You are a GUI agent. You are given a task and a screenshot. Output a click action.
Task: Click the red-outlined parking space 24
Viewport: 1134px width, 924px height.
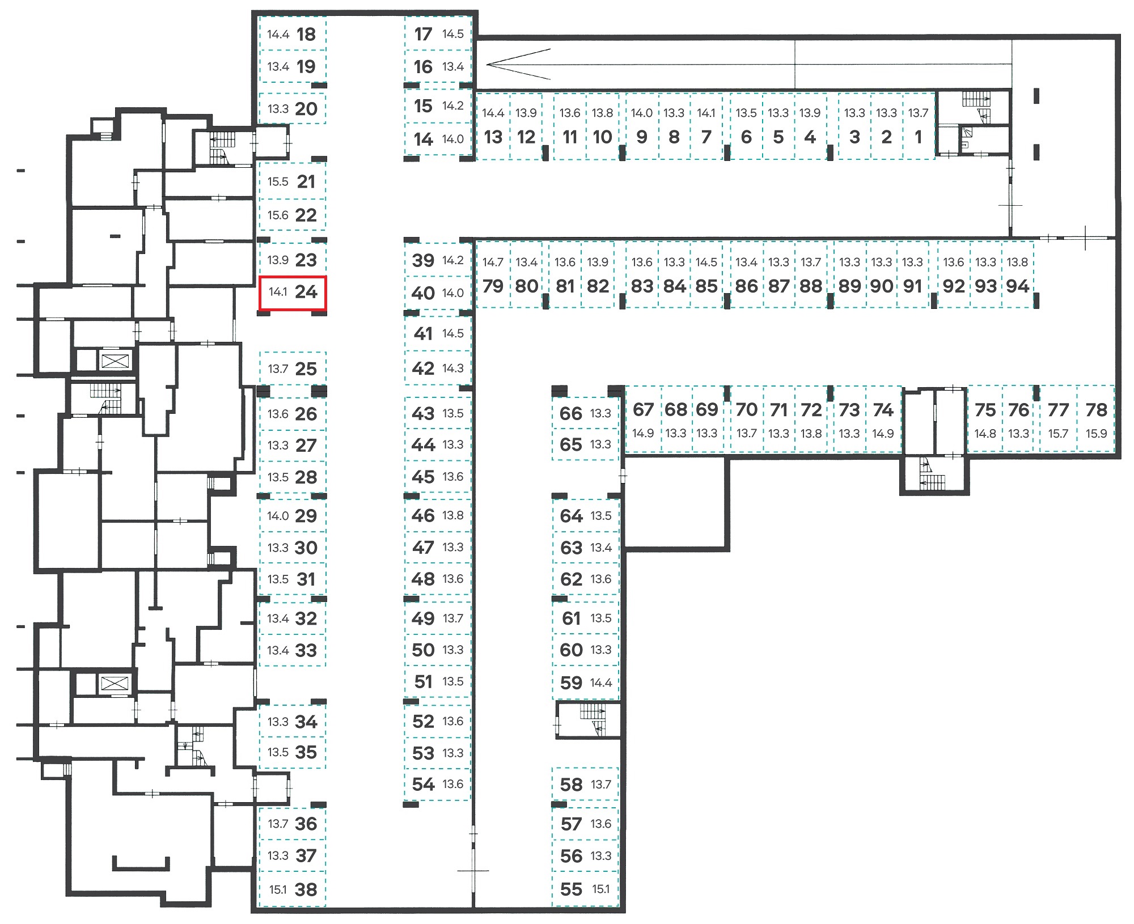coord(293,293)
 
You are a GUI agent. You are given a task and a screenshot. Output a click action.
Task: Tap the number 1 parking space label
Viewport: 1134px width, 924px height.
coord(919,137)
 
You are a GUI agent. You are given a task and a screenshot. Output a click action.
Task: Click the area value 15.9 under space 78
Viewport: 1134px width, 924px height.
coord(1096,434)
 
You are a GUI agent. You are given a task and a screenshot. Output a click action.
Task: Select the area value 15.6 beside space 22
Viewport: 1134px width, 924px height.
coord(278,215)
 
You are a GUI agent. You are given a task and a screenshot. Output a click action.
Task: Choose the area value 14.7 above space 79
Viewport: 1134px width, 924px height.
coord(493,262)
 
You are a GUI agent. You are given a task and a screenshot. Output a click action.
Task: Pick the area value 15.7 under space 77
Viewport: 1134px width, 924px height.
coord(1058,434)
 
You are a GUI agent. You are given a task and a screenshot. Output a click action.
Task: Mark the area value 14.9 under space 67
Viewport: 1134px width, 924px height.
coord(643,434)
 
